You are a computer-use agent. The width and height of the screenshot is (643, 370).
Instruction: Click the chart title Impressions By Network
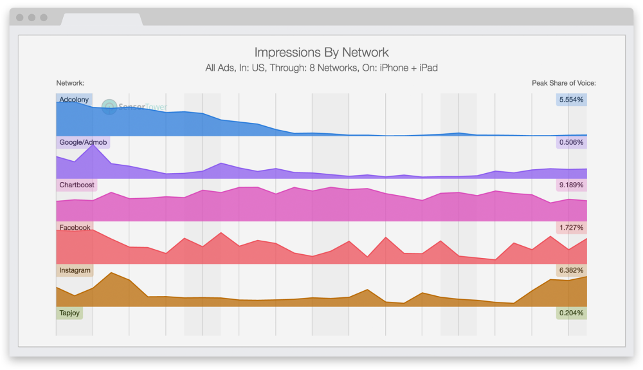pyautogui.click(x=321, y=53)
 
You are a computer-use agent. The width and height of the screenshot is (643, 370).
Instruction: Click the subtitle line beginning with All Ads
pyautogui.click(x=321, y=68)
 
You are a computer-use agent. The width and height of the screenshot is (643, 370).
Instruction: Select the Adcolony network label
pyautogui.click(x=74, y=100)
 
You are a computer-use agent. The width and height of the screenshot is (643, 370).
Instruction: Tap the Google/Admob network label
pyautogui.click(x=83, y=142)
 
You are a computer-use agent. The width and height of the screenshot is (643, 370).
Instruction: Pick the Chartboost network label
pyautogui.click(x=77, y=185)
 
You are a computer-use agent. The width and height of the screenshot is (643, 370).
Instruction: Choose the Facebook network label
pyautogui.click(x=75, y=228)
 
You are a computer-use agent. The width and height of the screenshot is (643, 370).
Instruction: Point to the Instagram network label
pyautogui.click(x=75, y=270)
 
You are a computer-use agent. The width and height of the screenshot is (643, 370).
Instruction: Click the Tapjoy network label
pyautogui.click(x=69, y=313)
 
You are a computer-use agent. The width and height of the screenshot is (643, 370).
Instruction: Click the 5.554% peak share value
pyautogui.click(x=571, y=100)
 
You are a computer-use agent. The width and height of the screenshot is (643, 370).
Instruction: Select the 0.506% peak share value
pyautogui.click(x=571, y=142)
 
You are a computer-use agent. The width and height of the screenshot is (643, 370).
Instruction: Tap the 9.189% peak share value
pyautogui.click(x=571, y=185)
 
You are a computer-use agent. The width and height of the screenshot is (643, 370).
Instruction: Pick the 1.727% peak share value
pyautogui.click(x=571, y=228)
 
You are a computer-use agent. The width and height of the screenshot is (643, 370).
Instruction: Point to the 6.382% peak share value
pyautogui.click(x=571, y=270)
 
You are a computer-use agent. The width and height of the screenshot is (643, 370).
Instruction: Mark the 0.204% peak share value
pyautogui.click(x=571, y=313)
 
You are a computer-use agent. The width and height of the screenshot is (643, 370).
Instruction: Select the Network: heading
pyautogui.click(x=70, y=83)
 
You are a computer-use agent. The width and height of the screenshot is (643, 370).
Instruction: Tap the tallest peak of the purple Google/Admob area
pyautogui.click(x=93, y=145)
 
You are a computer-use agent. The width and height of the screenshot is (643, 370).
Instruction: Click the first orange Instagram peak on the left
pyautogui.click(x=111, y=273)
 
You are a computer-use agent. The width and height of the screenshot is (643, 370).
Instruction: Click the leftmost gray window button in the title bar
pyautogui.click(x=20, y=17)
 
